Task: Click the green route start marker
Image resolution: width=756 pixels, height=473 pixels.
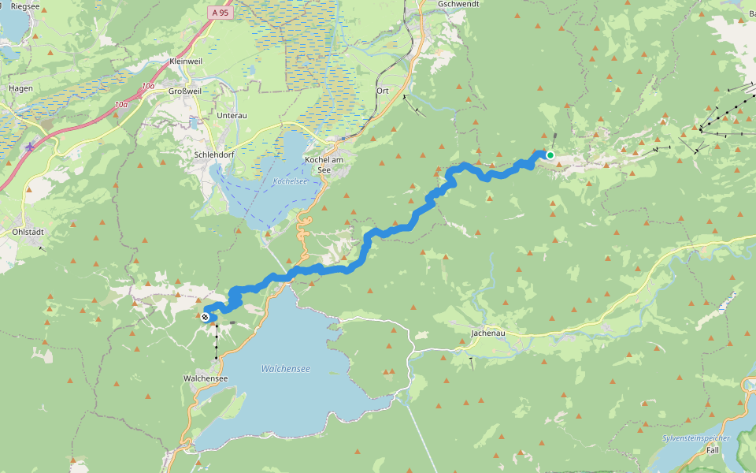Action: click(550, 155)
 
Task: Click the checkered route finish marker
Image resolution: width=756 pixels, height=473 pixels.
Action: click(205, 317)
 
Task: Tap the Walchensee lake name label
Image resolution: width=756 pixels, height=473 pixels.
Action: click(285, 369)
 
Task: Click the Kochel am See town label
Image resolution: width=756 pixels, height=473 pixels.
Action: click(324, 165)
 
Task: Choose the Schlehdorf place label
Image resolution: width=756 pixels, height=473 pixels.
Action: click(211, 155)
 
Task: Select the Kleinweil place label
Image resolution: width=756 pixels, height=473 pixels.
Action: click(187, 61)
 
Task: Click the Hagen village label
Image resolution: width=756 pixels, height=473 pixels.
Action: click(20, 88)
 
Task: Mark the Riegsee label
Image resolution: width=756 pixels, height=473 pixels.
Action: click(25, 6)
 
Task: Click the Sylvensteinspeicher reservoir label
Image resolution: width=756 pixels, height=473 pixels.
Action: click(696, 438)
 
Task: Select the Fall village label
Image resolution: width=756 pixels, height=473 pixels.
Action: click(713, 449)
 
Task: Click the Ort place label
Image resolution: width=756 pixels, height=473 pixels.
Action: click(383, 91)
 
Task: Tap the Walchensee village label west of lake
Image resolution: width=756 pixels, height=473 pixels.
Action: click(206, 378)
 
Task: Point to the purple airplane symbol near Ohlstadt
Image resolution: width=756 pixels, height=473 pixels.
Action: click(30, 146)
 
